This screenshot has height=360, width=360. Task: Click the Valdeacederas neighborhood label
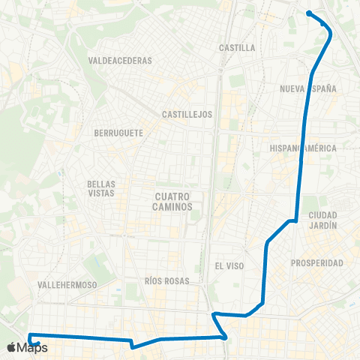point(120,60)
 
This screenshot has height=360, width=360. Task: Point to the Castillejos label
point(187,115)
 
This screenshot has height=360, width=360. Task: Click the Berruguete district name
point(118,133)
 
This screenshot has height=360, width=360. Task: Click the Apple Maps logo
point(27,347)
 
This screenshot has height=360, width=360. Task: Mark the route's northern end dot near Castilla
point(309,13)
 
